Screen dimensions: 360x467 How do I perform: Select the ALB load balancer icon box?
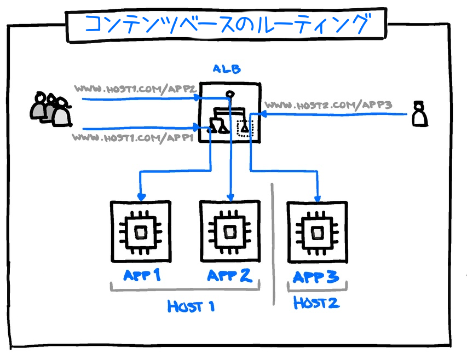tap(229, 113)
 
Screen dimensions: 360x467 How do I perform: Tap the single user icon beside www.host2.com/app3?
tap(419, 113)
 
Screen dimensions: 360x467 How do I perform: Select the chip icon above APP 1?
tap(141, 231)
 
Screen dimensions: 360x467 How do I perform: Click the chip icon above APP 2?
tap(229, 231)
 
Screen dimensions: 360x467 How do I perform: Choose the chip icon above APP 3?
tap(317, 231)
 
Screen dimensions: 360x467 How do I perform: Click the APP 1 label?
tap(142, 275)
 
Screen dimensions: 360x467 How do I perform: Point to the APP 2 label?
tap(229, 275)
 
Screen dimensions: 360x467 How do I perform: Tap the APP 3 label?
tap(316, 277)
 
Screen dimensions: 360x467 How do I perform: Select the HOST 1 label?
tap(191, 306)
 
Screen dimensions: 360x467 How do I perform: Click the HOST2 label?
tap(316, 303)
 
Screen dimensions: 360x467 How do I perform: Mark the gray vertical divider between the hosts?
tap(273, 244)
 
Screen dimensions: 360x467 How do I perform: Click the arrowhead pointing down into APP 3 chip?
tap(317, 199)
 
